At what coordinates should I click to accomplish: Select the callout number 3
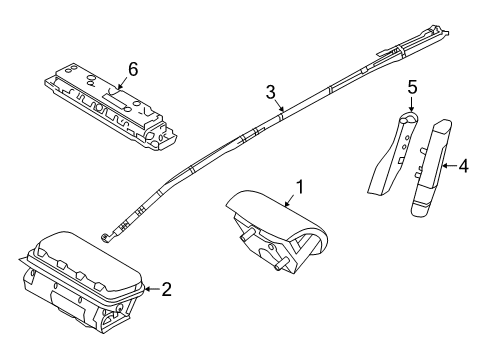tap(270, 92)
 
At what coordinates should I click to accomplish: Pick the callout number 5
tap(411, 87)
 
